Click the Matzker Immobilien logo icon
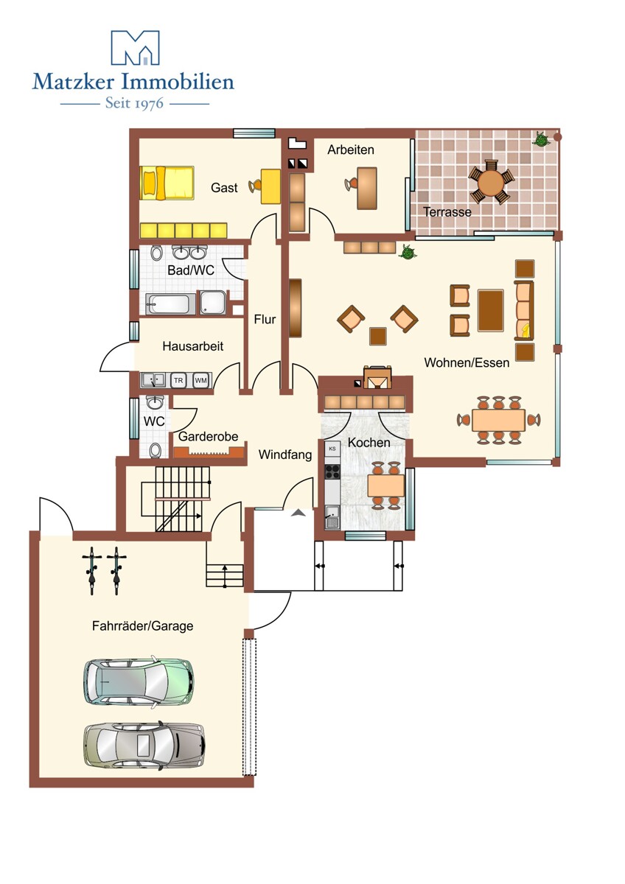(x=135, y=47)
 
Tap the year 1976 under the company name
(x=148, y=103)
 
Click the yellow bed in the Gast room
(x=167, y=183)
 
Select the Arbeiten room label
(x=351, y=150)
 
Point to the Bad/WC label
(x=191, y=270)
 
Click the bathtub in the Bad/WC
(x=171, y=304)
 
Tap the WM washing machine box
(x=200, y=380)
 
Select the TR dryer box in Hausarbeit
(x=178, y=380)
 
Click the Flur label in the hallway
(x=265, y=319)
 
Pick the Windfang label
(x=285, y=455)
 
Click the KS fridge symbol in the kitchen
(x=332, y=449)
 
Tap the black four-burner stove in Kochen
(x=332, y=471)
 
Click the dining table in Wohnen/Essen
(x=499, y=420)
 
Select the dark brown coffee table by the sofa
(x=491, y=310)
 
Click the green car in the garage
(x=139, y=681)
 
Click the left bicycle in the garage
(x=92, y=571)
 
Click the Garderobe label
(x=208, y=436)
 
